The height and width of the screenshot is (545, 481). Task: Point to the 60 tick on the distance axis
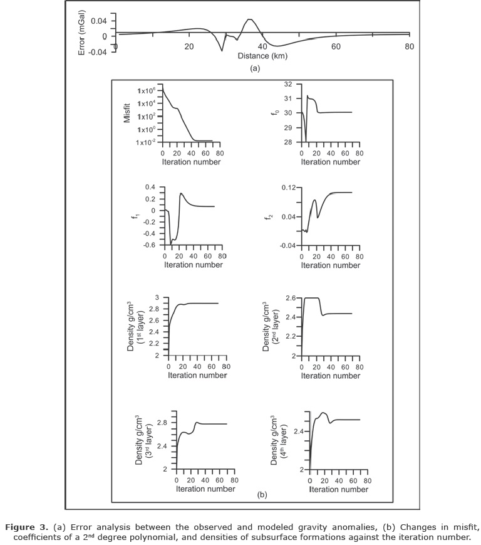[336, 47]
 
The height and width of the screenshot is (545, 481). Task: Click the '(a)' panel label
[254, 68]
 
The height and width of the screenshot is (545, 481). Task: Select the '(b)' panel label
[262, 495]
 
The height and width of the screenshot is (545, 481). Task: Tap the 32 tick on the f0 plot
[289, 84]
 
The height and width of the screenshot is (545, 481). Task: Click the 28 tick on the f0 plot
[289, 142]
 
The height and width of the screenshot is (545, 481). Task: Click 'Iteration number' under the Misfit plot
[191, 162]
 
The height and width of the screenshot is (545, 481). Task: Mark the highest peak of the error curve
[249, 19]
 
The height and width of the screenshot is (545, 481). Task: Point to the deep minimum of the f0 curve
[306, 142]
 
